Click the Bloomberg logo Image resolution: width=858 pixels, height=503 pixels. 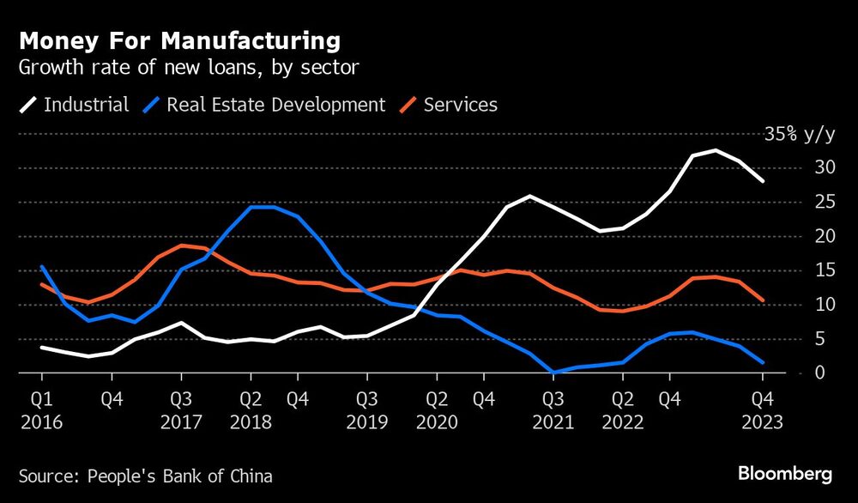pyautogui.click(x=785, y=474)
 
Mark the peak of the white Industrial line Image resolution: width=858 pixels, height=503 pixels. pyautogui.click(x=715, y=150)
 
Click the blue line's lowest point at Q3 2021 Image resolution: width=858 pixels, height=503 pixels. pyautogui.click(x=554, y=373)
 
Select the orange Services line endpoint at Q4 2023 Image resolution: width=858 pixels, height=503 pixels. pyautogui.click(x=762, y=300)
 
